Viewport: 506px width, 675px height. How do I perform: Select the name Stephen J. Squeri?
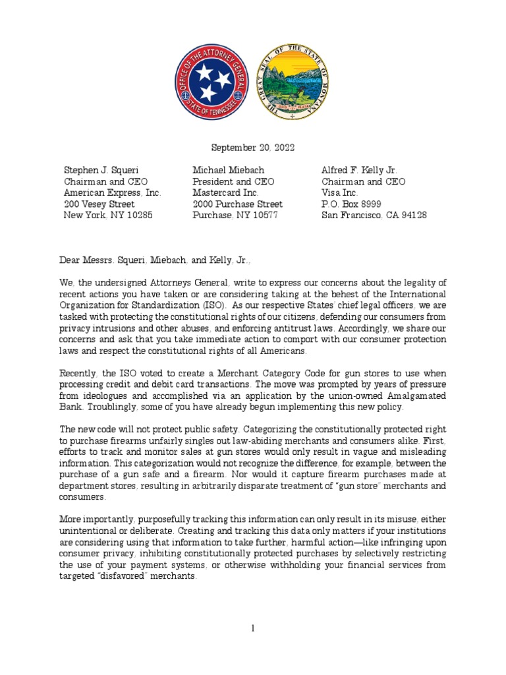tap(101, 170)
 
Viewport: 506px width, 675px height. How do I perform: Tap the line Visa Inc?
tap(339, 193)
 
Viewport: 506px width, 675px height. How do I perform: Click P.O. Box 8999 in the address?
tap(351, 204)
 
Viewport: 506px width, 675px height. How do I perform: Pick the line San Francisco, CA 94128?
tap(374, 216)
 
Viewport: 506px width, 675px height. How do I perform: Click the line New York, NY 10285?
tap(107, 216)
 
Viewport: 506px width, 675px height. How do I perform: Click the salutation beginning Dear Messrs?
tap(157, 260)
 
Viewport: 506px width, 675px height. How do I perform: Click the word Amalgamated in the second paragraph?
tap(416, 395)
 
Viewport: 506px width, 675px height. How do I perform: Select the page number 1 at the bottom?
tap(253, 630)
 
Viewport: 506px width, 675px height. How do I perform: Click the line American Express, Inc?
tap(112, 193)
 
